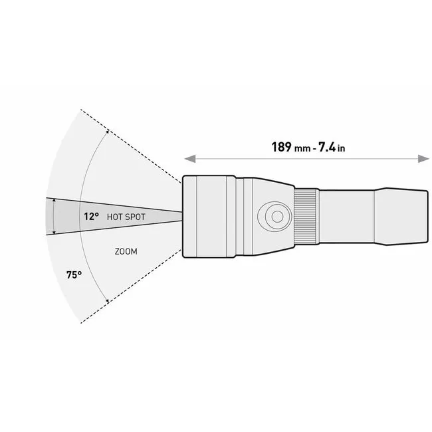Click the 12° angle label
tap(91, 217)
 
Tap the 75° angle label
tap(74, 274)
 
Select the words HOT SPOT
tap(126, 217)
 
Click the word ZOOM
tap(126, 251)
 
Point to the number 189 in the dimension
tap(281, 147)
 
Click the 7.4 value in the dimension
tap(327, 147)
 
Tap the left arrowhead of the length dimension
tap(190, 159)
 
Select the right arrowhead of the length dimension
tap(423, 159)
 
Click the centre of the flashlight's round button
tap(277, 217)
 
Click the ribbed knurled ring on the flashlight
tap(305, 217)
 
